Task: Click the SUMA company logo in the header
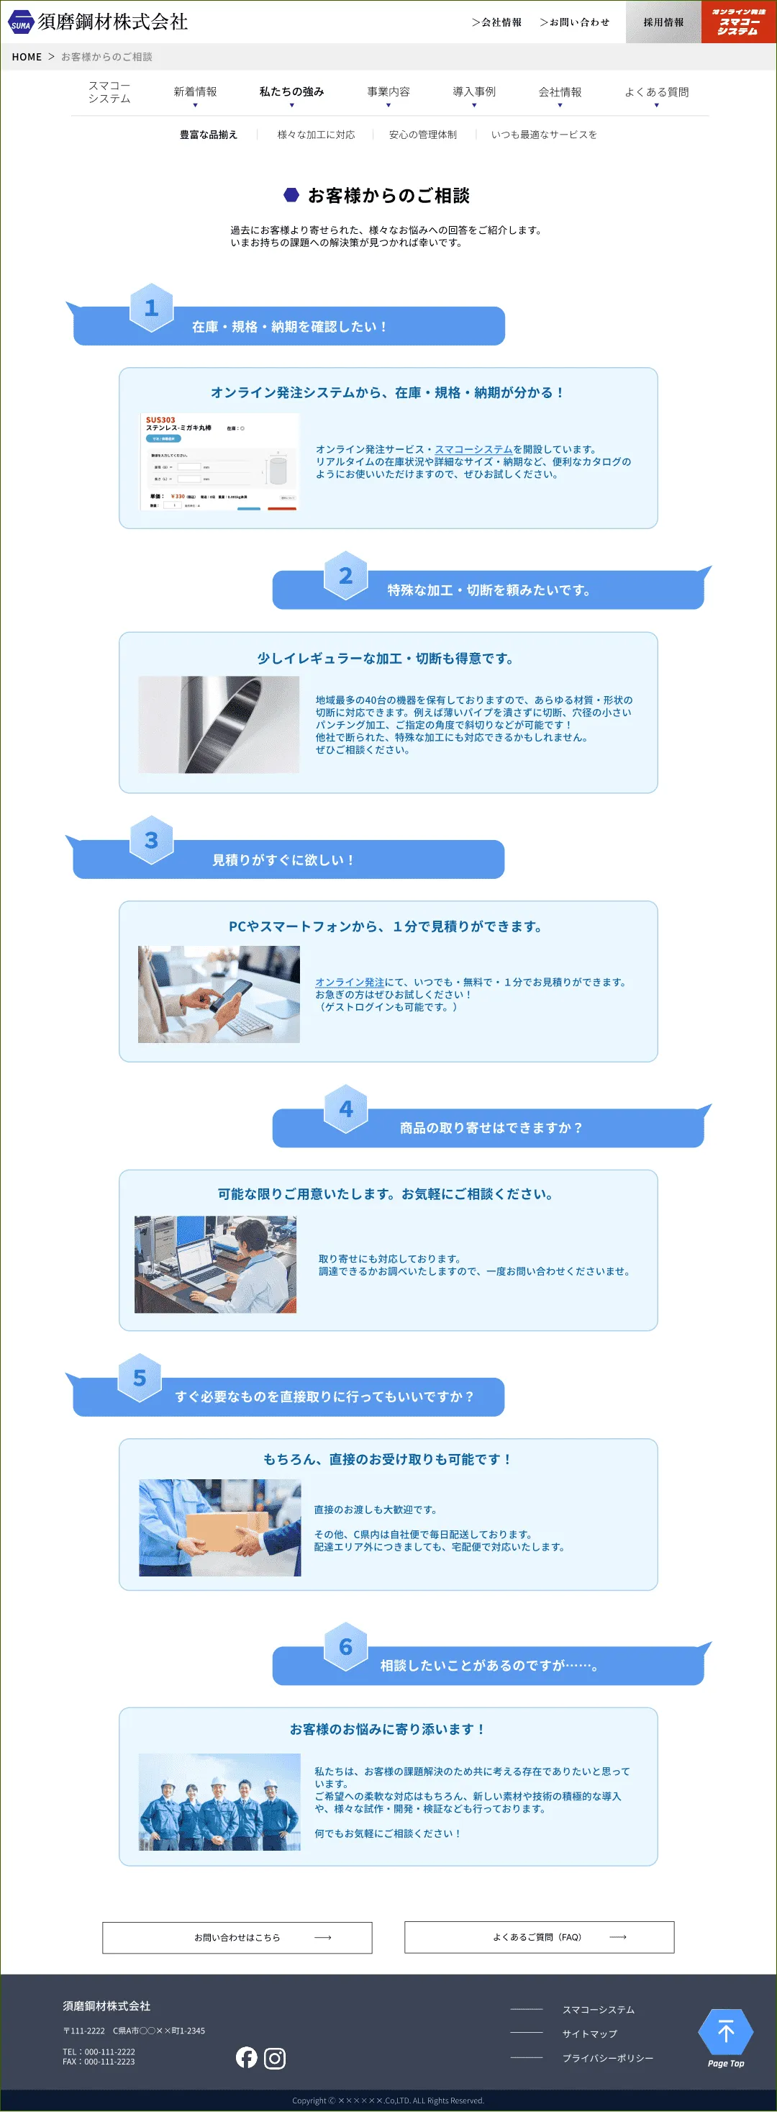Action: click(99, 22)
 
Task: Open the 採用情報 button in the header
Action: click(663, 22)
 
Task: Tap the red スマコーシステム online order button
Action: click(738, 22)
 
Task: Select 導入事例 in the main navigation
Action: click(473, 92)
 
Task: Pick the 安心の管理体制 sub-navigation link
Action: click(423, 135)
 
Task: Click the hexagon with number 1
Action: click(152, 307)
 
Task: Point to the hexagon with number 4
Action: click(346, 1109)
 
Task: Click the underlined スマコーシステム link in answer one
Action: click(473, 449)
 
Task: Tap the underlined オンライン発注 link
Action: click(349, 982)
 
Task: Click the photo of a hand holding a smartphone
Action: click(219, 995)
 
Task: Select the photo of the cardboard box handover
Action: click(219, 1527)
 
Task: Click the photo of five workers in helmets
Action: click(219, 1802)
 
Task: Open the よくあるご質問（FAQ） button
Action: click(538, 1937)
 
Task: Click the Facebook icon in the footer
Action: click(247, 2057)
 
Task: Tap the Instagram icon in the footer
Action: click(275, 2058)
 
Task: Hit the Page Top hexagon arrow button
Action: click(725, 2036)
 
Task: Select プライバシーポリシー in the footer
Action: click(607, 2058)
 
